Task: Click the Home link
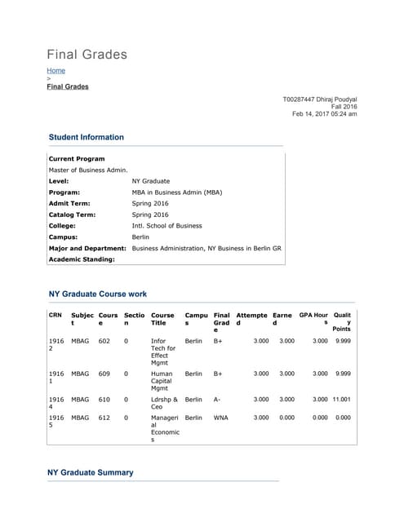(55, 71)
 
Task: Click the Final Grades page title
(87, 55)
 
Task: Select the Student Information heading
(87, 137)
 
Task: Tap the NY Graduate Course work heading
(98, 294)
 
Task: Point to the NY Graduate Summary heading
(91, 472)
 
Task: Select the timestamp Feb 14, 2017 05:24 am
(324, 114)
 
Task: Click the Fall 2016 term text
(344, 107)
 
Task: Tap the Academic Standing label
(82, 259)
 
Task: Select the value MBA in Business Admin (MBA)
(176, 192)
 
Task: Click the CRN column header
(55, 315)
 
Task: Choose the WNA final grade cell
(220, 418)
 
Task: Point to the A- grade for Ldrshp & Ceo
(218, 400)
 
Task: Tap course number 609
(104, 374)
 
